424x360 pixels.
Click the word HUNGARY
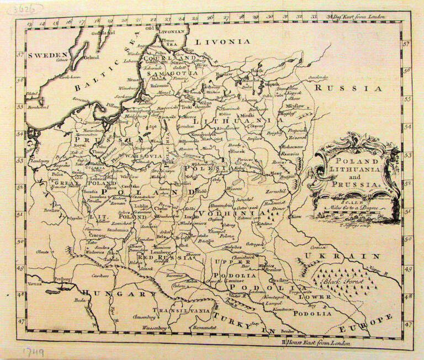(x=116, y=293)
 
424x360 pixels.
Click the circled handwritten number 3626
(x=25, y=8)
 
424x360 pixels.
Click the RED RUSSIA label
(x=160, y=257)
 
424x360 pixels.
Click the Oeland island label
(x=92, y=56)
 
